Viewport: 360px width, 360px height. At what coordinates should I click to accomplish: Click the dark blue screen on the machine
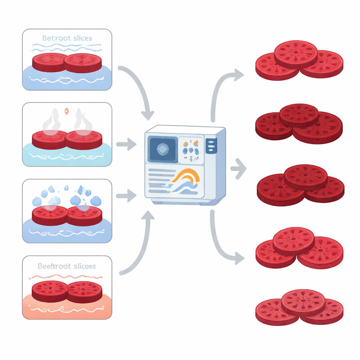point(162,149)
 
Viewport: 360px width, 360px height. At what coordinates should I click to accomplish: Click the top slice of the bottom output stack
point(303,302)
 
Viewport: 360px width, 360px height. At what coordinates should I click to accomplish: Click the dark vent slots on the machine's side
point(211,145)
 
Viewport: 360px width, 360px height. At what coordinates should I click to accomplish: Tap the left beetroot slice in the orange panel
point(50,290)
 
